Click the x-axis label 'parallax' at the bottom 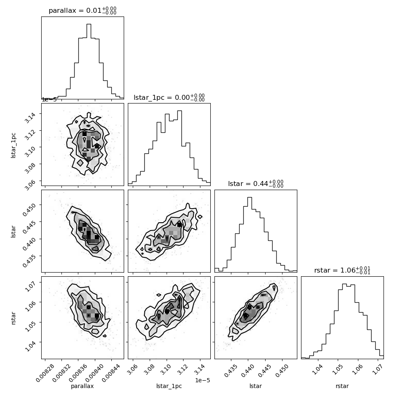click(82, 386)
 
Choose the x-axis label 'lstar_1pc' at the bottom click(169, 386)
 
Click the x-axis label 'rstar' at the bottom click(342, 386)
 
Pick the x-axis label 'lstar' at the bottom click(256, 386)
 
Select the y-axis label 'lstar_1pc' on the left click(13, 146)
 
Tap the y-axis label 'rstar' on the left click(13, 318)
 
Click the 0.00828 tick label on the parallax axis click(45, 373)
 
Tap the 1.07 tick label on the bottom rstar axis click(377, 369)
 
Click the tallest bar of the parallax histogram click(89, 61)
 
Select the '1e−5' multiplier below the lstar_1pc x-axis click(202, 380)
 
